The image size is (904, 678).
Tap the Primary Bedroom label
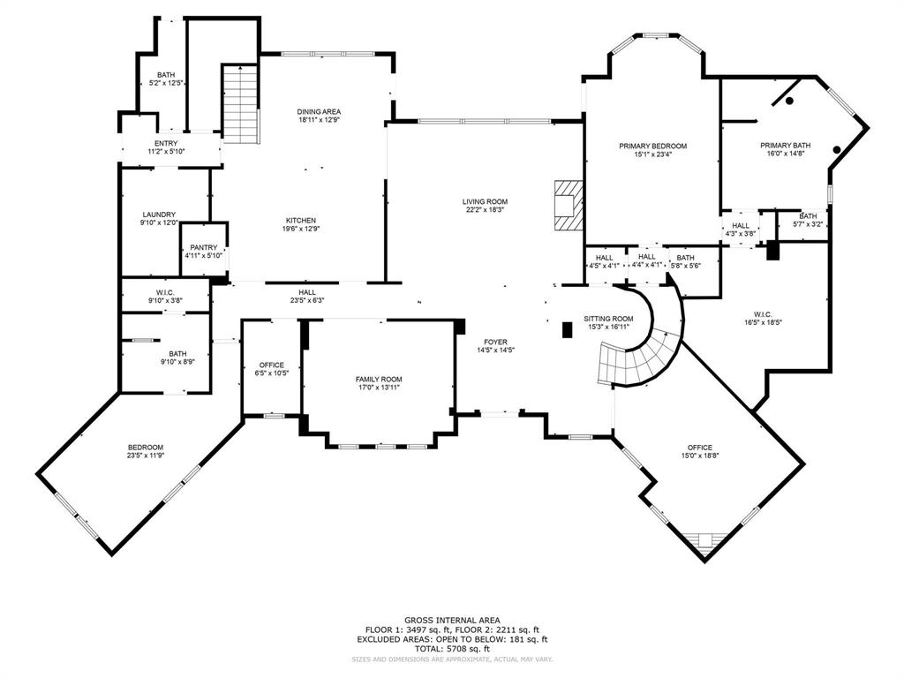pos(652,146)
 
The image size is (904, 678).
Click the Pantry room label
pos(203,247)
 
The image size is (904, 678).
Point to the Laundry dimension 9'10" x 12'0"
pos(159,222)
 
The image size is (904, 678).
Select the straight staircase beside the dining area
pos(239,103)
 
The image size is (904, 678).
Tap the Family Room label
pos(379,378)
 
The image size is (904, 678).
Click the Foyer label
pos(494,342)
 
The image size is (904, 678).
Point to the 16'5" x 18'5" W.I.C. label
pos(763,322)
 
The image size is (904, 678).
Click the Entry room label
pos(165,144)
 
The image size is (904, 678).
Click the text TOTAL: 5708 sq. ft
pos(451,647)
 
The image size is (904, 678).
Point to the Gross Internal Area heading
pos(451,620)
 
